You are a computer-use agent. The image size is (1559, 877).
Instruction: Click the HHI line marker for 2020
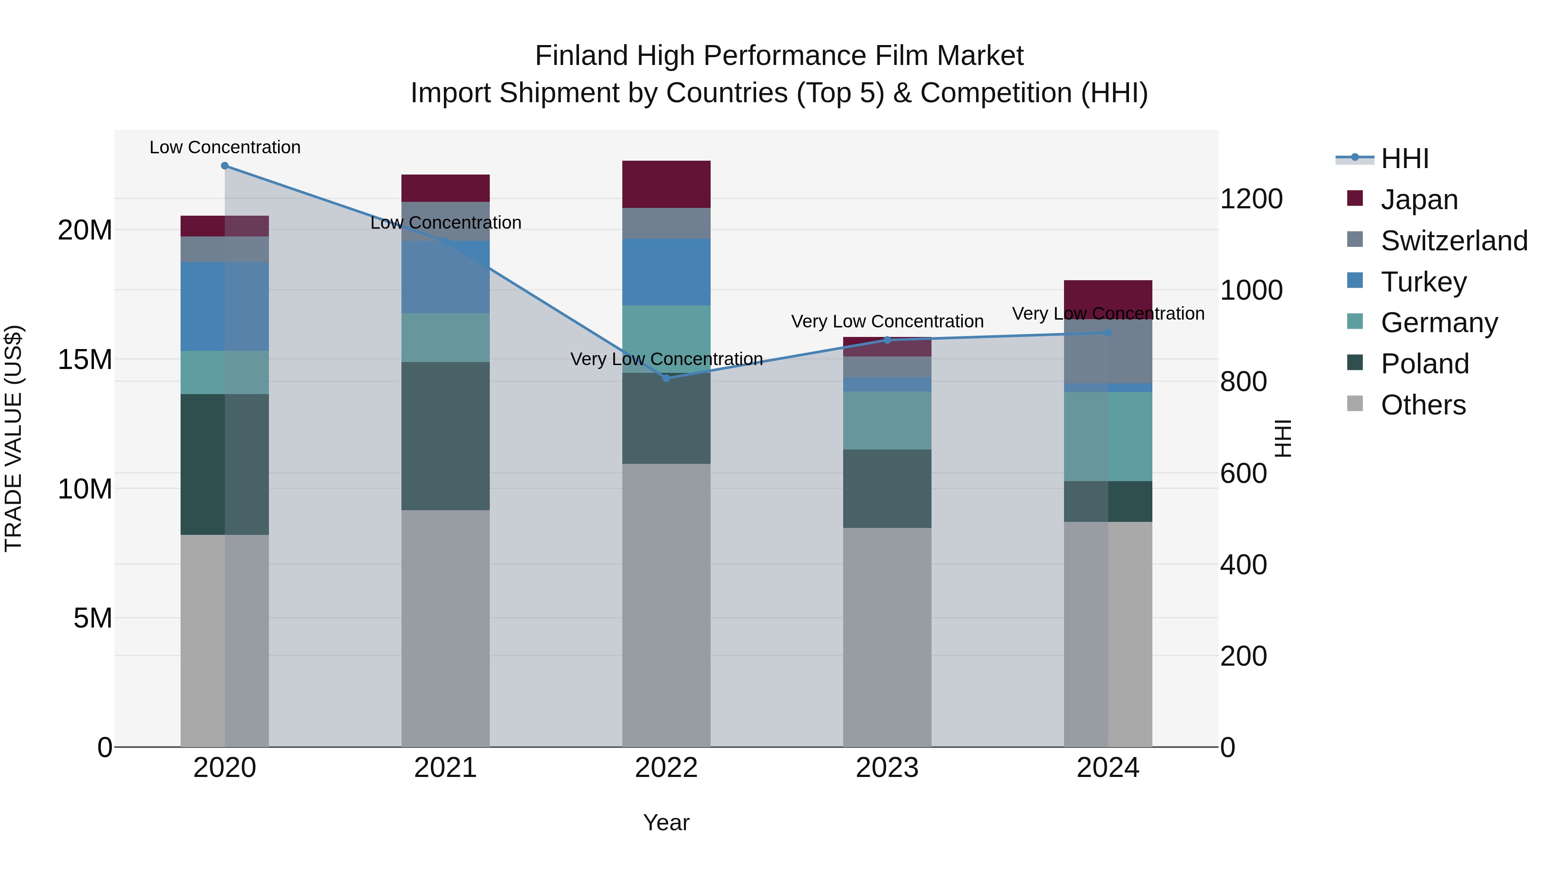(x=224, y=166)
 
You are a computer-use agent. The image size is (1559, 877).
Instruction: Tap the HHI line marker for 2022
(x=666, y=378)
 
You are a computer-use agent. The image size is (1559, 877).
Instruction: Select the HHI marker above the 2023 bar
(x=887, y=340)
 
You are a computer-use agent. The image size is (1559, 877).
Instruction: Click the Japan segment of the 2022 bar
(x=666, y=184)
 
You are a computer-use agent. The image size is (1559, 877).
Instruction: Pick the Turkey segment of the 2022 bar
(x=666, y=272)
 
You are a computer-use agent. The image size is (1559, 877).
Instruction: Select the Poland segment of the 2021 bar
(x=446, y=436)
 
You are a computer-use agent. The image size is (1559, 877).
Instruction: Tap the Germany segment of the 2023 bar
(x=887, y=420)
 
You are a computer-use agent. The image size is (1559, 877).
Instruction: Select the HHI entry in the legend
(x=1404, y=159)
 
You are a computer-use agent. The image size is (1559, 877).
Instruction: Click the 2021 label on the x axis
(x=446, y=768)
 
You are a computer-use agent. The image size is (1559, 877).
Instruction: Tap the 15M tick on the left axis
(x=85, y=359)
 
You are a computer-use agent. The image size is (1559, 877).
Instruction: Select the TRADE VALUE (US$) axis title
(x=13, y=438)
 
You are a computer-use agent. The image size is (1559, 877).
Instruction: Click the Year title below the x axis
(x=666, y=822)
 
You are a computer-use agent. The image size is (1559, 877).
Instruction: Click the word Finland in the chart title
(x=582, y=56)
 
